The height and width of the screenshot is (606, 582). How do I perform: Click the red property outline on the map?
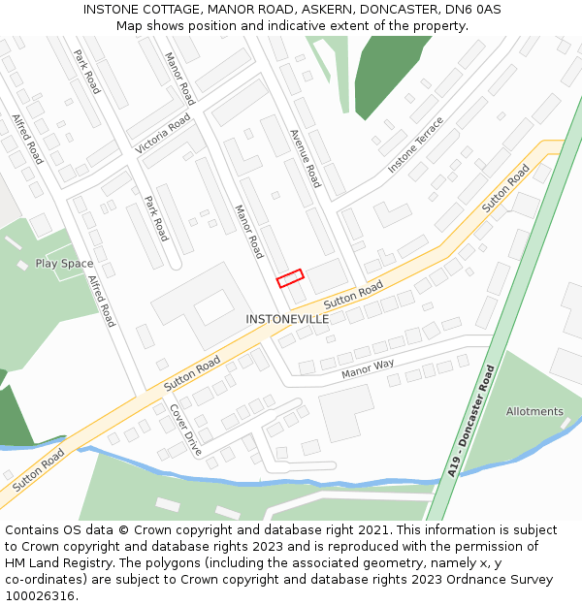[x=290, y=278]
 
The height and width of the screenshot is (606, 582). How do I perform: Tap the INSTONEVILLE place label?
[x=287, y=319]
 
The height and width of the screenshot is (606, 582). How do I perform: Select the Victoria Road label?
[x=163, y=136]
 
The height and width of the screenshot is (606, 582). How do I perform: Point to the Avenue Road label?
[x=305, y=158]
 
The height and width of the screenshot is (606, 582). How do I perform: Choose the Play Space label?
[x=64, y=264]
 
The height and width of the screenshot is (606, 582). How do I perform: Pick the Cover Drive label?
[x=185, y=431]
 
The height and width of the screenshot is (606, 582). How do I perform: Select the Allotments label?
[x=534, y=411]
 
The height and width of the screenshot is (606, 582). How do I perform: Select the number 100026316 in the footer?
[x=42, y=596]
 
